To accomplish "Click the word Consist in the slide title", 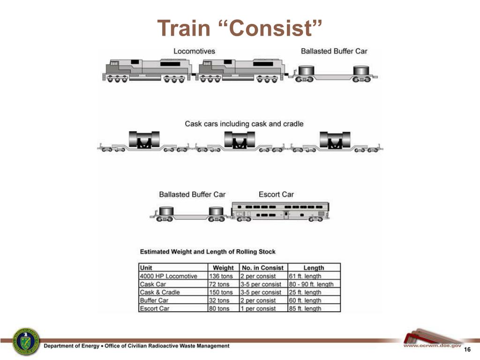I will coord(271,29).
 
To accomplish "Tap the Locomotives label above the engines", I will coord(195,51).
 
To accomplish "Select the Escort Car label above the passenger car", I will coord(276,195).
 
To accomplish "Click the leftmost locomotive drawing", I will coord(147,70).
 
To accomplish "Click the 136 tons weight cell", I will coord(220,276).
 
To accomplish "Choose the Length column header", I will coord(314,268).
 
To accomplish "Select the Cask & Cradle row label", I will coord(160,292).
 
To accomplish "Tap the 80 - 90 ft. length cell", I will coord(311,284).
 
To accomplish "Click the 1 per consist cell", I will coord(259,308).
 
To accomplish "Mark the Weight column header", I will coord(223,268).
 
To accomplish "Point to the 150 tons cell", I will coord(220,292).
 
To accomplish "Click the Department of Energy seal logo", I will coord(26,341).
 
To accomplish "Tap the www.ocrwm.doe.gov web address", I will coord(432,345).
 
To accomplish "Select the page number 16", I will coord(466,351).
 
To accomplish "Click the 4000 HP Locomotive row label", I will coord(168,276).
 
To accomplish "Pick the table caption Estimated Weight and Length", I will coord(208,252).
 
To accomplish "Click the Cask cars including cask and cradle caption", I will coord(244,124).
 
